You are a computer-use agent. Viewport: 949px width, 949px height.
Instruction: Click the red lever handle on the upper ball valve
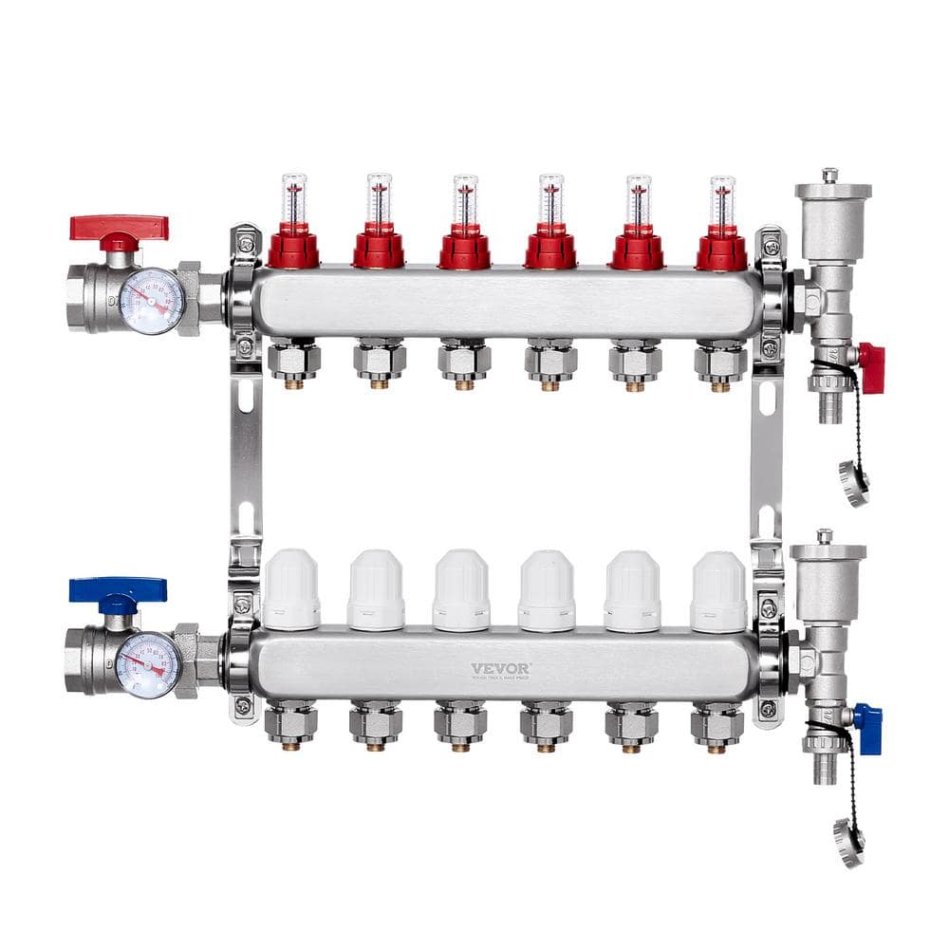119,228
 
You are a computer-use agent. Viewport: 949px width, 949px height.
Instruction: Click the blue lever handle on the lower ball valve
118,590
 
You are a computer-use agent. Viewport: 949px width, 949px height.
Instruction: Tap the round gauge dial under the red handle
152,302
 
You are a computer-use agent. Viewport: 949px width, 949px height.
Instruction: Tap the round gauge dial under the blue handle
148,664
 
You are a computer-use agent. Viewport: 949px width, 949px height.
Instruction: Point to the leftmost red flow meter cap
293,250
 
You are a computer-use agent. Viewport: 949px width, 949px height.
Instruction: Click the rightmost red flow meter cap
721,250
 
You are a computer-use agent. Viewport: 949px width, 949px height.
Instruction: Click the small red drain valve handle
871,368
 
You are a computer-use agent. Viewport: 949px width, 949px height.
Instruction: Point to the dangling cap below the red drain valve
853,483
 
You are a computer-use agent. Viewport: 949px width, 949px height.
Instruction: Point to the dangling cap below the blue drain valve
848,841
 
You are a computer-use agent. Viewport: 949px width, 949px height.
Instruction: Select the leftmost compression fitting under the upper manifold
294,361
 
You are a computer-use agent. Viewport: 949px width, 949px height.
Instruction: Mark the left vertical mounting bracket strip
247,456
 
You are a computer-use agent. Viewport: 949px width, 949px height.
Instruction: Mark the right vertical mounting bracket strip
767,456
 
